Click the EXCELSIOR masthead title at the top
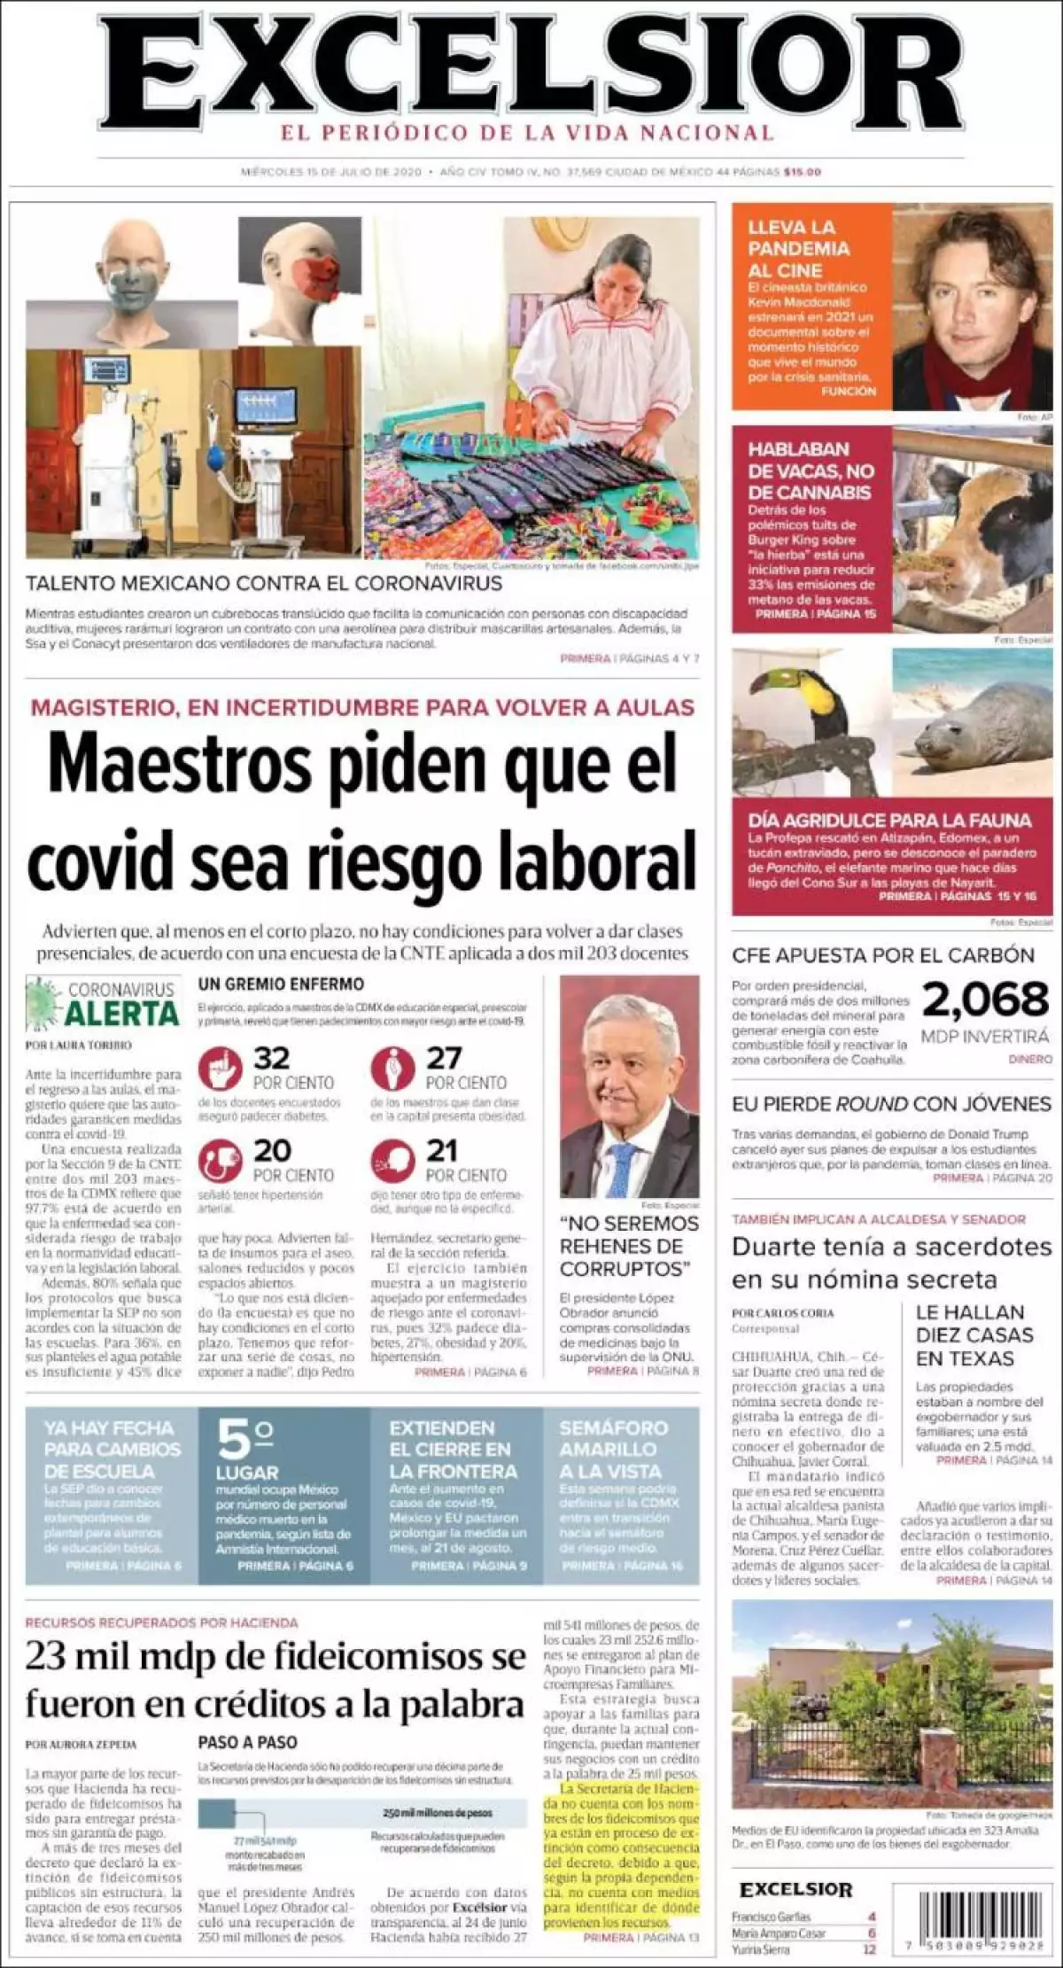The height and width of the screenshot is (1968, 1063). [531, 71]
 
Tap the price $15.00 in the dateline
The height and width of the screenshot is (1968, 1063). [802, 172]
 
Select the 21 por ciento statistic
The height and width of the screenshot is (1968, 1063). [442, 1151]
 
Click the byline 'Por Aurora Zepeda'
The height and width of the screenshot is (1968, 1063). [81, 1745]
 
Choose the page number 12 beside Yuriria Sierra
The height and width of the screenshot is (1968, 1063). [869, 1949]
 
